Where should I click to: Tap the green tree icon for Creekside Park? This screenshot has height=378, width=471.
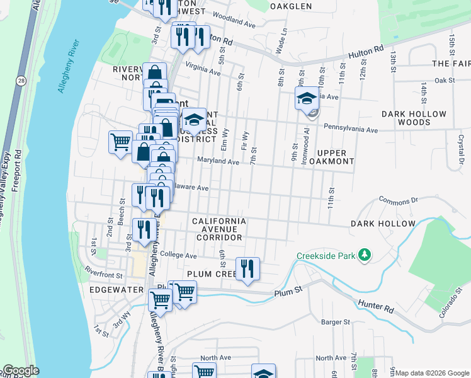(363, 255)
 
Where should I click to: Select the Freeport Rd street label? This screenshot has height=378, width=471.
(18, 170)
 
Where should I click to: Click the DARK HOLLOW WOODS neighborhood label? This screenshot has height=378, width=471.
(414, 118)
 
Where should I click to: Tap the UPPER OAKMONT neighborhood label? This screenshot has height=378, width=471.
(332, 157)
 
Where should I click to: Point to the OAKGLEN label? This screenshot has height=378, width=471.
(290, 6)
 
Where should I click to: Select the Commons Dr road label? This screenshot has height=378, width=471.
(399, 200)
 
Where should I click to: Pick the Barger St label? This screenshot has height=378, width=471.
(335, 322)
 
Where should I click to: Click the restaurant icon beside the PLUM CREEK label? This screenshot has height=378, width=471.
(247, 268)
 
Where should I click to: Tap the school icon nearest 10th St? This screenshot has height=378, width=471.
(307, 98)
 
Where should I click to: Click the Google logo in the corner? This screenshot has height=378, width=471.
(20, 370)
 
